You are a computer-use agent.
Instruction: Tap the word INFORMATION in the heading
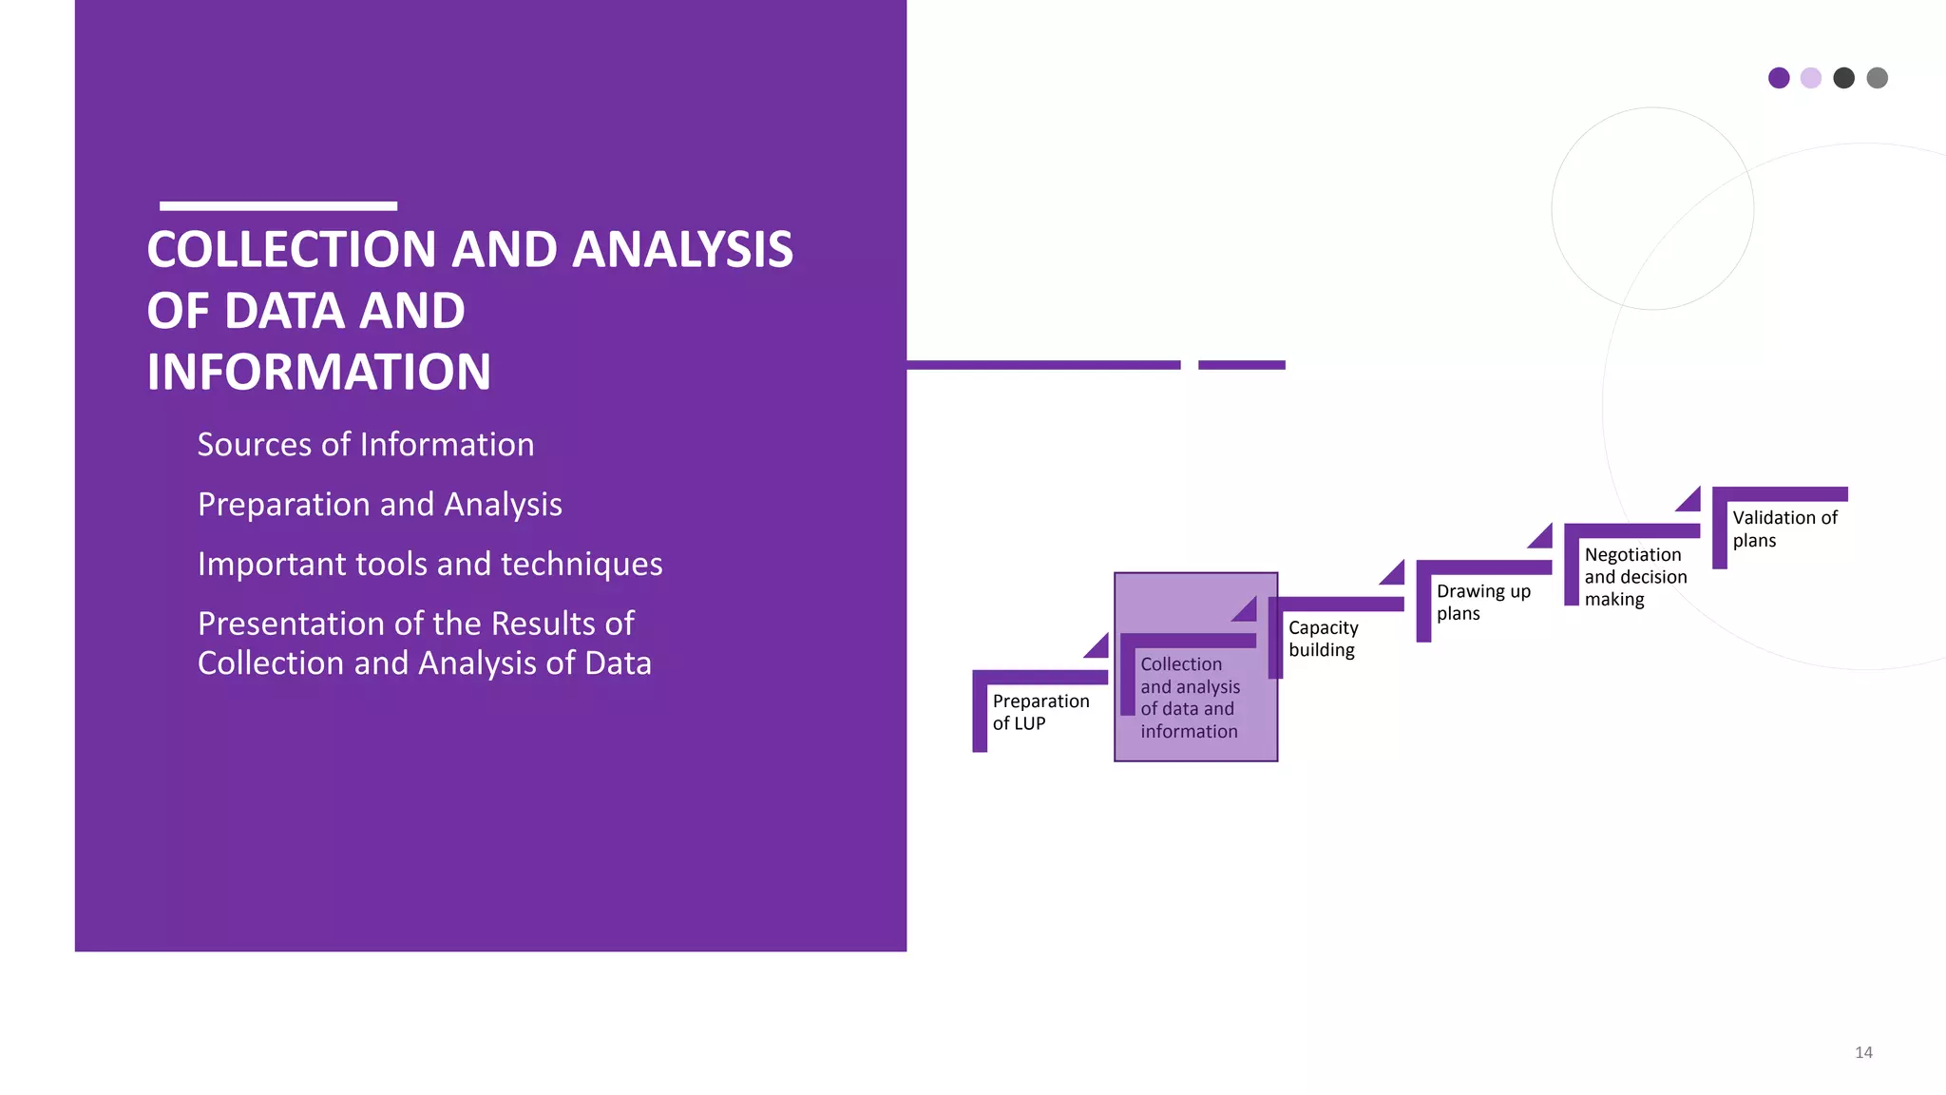tap(318, 373)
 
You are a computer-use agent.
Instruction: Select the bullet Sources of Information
tap(365, 445)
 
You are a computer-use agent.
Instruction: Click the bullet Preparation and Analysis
tap(379, 505)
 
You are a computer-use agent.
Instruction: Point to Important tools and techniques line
tap(429, 565)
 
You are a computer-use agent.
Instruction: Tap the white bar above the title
tap(277, 205)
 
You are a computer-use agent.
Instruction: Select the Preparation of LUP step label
tap(1040, 712)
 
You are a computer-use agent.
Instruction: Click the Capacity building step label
tap(1323, 639)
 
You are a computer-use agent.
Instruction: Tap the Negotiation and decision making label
tap(1634, 577)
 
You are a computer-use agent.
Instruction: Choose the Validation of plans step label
tap(1784, 528)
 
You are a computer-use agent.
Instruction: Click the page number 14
tap(1863, 1052)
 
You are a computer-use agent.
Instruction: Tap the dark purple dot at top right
tap(1779, 78)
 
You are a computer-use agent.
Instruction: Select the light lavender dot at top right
tap(1811, 78)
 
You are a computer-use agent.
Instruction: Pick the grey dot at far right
tap(1877, 78)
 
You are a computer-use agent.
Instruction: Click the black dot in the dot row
tap(1843, 78)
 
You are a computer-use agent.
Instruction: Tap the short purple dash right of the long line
tap(1241, 365)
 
